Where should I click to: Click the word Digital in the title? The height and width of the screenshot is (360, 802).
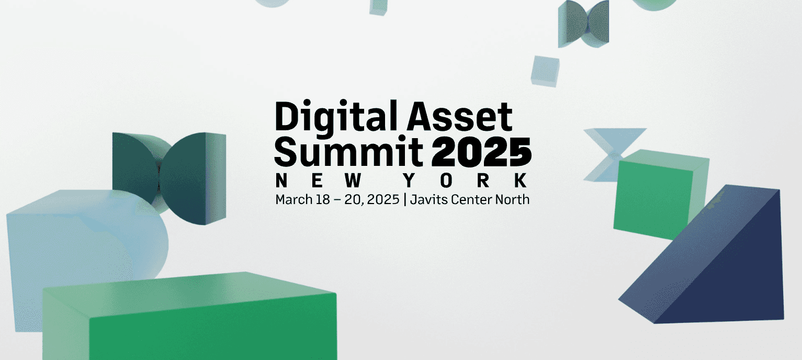(x=328, y=117)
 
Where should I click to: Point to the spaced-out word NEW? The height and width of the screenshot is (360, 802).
(x=320, y=181)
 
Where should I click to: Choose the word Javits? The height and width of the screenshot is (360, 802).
(x=426, y=199)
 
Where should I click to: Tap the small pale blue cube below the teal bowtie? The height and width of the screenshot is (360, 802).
(x=545, y=71)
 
